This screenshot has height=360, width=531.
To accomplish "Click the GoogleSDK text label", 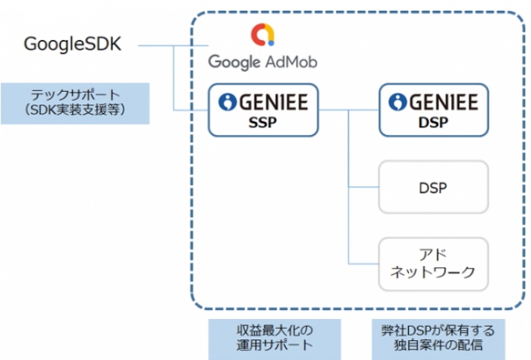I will click(x=71, y=44).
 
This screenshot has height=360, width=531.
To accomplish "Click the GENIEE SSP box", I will click(x=263, y=111).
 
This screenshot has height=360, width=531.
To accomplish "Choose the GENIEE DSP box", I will click(x=433, y=111).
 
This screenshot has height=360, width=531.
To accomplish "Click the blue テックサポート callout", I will click(x=74, y=103).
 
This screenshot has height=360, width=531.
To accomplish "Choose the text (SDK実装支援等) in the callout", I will click(x=74, y=111).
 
